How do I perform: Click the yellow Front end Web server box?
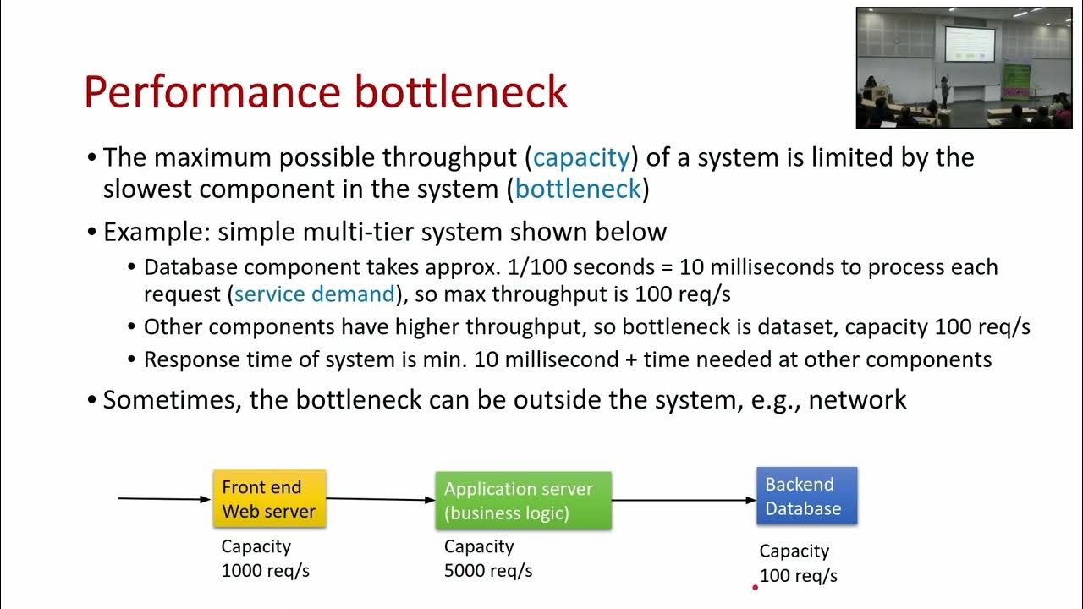coord(268,499)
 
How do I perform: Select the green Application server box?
coord(523,501)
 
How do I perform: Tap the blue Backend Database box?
coord(806,497)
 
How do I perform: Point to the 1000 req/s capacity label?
coord(265,571)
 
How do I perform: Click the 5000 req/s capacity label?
coord(488,571)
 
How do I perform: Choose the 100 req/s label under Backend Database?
coord(798,576)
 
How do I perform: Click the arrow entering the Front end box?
coord(164,499)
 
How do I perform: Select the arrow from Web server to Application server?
coord(381,500)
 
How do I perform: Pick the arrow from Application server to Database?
coord(684,500)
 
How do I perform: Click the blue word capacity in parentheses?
coord(582,157)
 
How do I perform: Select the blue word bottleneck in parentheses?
coord(578,189)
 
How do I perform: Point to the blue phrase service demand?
coord(315,294)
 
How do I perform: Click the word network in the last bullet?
coord(857,399)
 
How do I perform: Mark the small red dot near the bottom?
coord(755,587)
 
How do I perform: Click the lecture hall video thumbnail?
coord(963,68)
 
